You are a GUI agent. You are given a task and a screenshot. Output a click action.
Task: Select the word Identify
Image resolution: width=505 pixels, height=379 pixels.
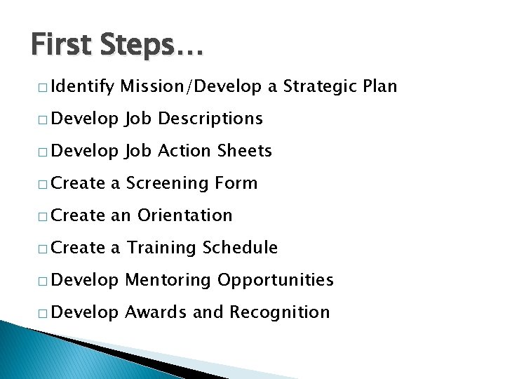[x=82, y=87]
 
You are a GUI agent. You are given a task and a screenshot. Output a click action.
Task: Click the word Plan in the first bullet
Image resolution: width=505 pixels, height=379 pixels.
[x=380, y=86]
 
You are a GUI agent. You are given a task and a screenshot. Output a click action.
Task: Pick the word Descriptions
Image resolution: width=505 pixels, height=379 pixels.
[x=210, y=119]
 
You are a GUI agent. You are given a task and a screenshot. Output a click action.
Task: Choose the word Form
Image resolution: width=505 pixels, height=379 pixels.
[x=236, y=183]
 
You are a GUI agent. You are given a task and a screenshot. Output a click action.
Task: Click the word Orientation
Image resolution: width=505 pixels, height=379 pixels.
[x=184, y=215]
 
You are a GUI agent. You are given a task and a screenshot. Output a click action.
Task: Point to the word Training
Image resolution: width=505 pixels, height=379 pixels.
[x=162, y=248]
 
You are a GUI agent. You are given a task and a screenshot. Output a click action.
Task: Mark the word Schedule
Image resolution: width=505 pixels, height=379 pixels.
[x=241, y=248]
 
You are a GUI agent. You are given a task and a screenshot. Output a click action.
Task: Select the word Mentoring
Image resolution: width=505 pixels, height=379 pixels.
[x=167, y=280]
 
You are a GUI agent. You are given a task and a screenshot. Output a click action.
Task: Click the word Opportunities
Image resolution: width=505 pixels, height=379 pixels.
[x=275, y=281]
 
